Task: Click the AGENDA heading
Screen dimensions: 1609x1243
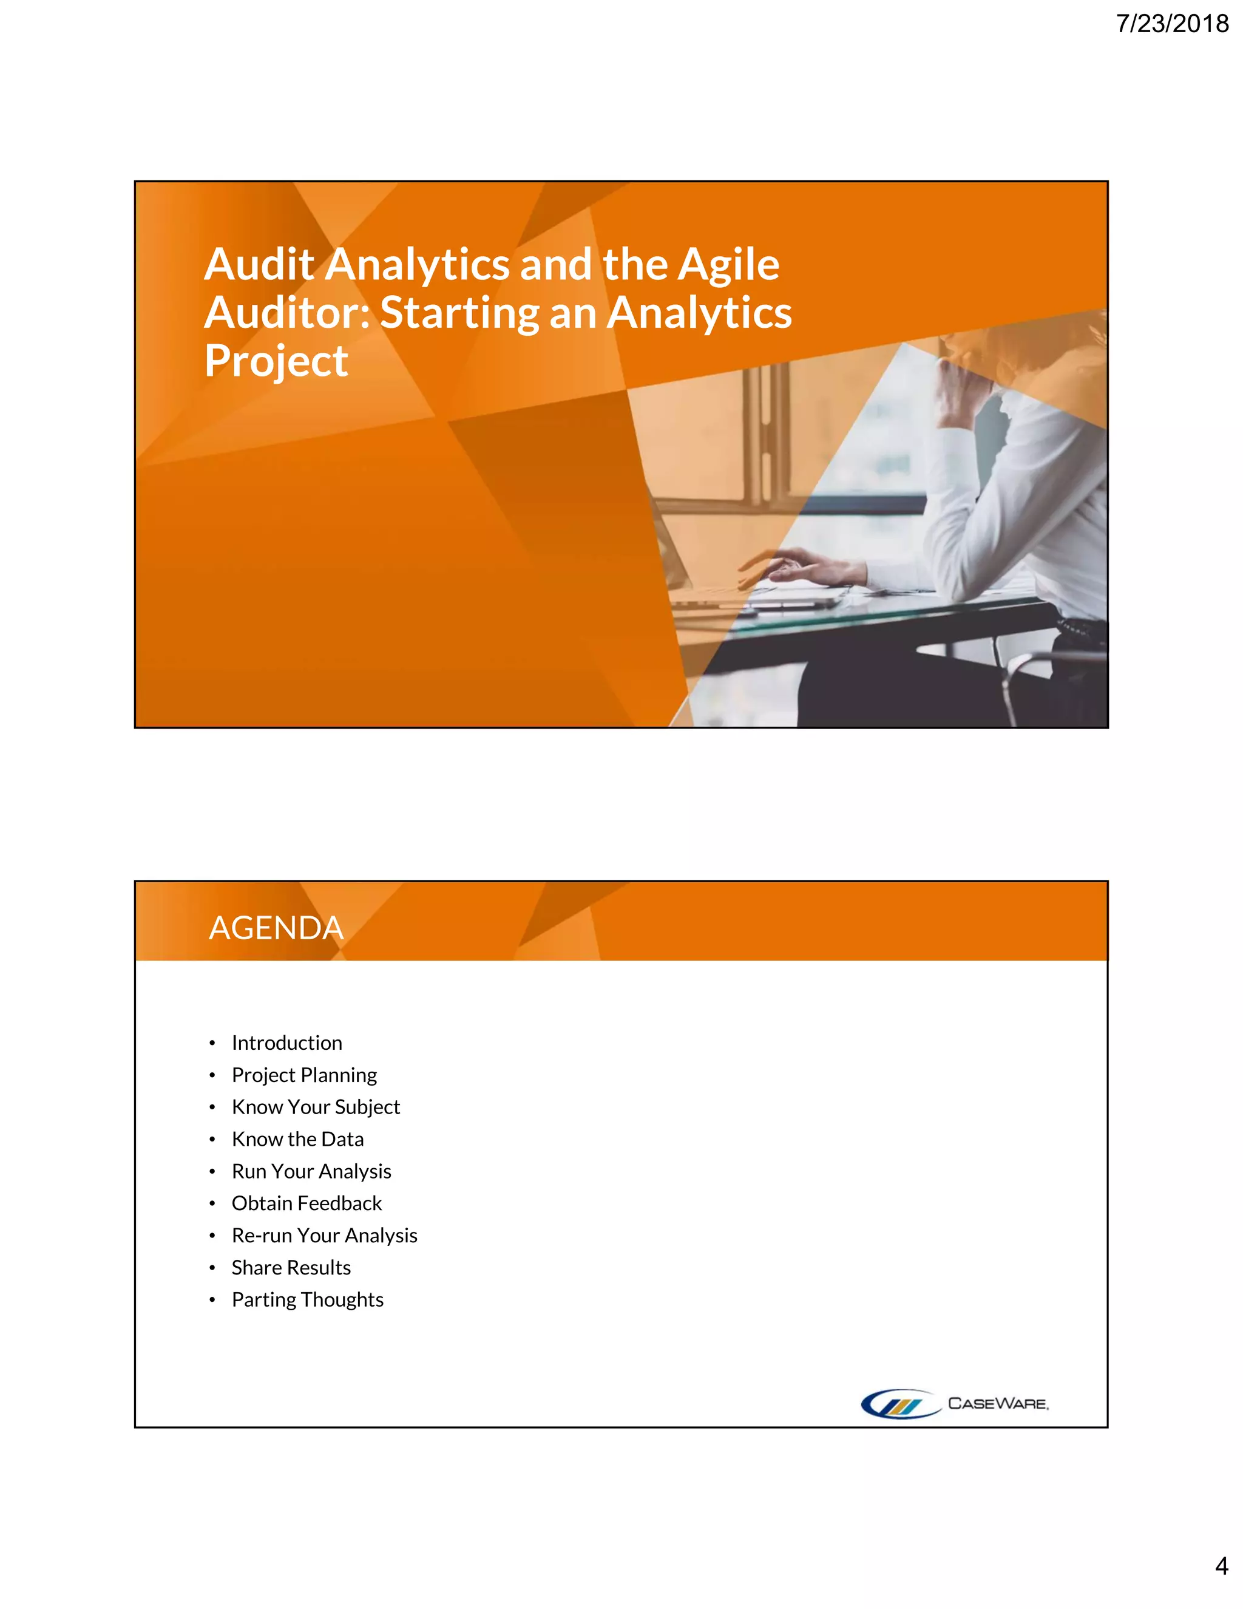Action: (x=276, y=928)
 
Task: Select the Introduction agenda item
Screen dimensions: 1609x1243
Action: (x=286, y=1043)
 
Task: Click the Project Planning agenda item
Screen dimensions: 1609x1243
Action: (x=304, y=1075)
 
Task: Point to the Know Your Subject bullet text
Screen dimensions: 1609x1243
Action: (x=316, y=1106)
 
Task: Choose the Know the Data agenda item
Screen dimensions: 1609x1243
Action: (x=297, y=1139)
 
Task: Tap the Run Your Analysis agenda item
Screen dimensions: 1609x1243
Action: (x=311, y=1171)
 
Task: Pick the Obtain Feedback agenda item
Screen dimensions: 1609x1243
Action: (x=307, y=1203)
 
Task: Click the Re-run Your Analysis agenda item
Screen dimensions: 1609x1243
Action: (x=324, y=1236)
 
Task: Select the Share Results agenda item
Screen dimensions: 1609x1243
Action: (x=291, y=1267)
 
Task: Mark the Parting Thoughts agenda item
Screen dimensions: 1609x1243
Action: (x=307, y=1299)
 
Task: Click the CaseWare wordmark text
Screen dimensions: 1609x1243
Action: (x=998, y=1403)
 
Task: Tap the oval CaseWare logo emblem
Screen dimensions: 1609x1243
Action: (x=900, y=1403)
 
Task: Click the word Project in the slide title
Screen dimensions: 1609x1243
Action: (x=276, y=361)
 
